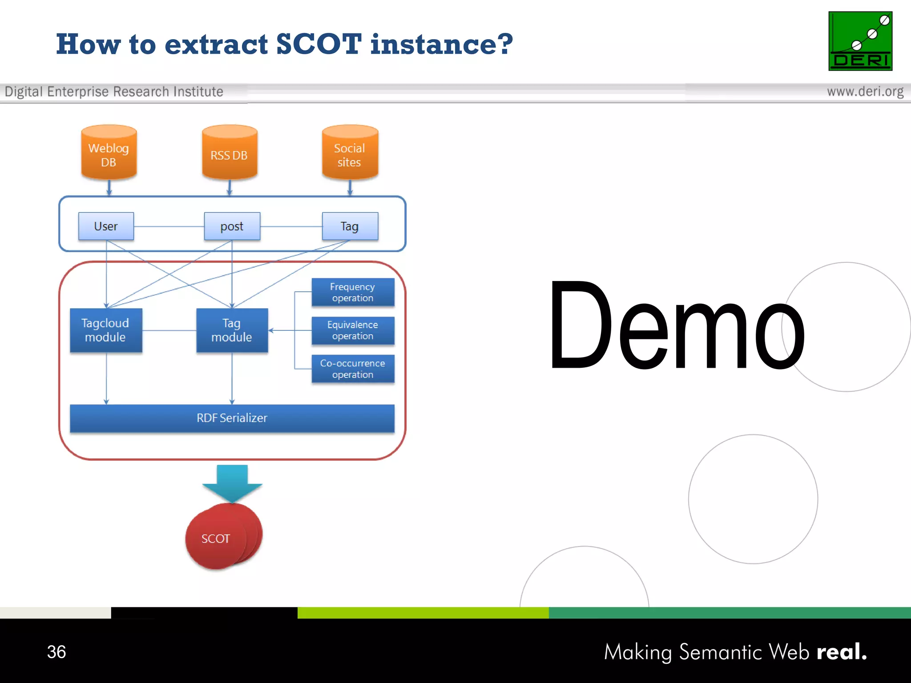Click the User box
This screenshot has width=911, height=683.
(x=106, y=226)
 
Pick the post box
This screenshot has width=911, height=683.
(x=232, y=226)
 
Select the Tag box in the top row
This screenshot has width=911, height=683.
(x=350, y=226)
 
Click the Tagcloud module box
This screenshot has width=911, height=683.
(x=106, y=330)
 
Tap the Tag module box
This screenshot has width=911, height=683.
(x=232, y=330)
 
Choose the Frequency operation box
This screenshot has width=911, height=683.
(x=353, y=292)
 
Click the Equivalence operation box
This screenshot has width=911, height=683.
(x=353, y=330)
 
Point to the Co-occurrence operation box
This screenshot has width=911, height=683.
(x=353, y=369)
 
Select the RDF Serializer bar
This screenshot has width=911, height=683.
(x=232, y=418)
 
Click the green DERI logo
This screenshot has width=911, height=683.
(x=860, y=41)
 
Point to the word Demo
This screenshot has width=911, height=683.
(x=676, y=327)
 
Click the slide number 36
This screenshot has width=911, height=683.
(x=56, y=652)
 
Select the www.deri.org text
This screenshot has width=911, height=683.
(x=865, y=92)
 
